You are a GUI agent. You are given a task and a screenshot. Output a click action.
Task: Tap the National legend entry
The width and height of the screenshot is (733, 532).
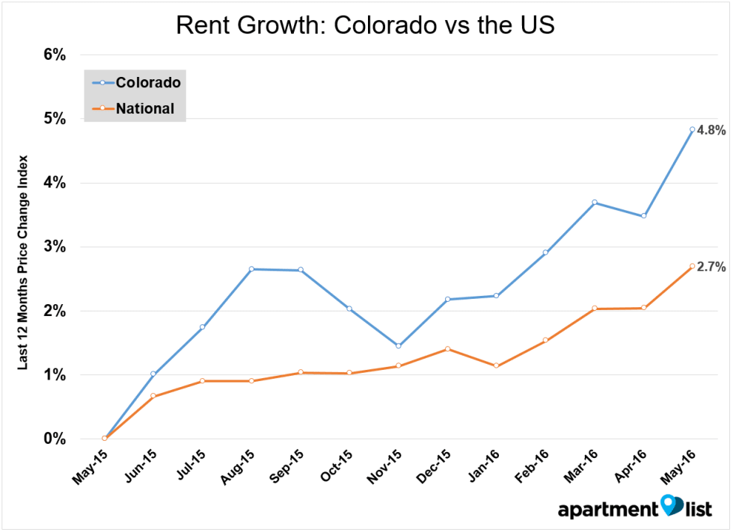[x=144, y=108]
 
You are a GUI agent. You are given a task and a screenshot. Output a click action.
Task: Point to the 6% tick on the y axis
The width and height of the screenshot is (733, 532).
[x=54, y=55]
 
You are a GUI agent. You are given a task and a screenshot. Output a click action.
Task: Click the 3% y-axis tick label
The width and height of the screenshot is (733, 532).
[x=54, y=247]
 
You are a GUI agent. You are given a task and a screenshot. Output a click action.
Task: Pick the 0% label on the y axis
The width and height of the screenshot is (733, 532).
[x=54, y=439]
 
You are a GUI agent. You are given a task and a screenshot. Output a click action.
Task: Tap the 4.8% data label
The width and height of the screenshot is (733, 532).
[x=711, y=130]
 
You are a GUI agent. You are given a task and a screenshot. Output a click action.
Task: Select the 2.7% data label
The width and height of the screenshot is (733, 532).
[x=711, y=267]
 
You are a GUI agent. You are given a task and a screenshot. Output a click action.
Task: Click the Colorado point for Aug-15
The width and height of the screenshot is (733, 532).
[x=251, y=269]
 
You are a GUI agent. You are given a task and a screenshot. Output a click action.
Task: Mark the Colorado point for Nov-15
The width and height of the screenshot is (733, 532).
[x=398, y=346]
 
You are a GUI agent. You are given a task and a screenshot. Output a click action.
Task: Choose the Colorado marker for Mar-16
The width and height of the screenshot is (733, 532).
[x=594, y=202]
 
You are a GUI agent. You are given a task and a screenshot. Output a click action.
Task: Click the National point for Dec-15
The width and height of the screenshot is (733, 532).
[x=447, y=349]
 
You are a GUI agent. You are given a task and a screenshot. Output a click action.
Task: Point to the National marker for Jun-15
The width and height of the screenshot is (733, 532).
[x=153, y=396]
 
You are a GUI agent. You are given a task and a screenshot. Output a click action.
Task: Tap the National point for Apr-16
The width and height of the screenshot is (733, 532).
[x=643, y=308]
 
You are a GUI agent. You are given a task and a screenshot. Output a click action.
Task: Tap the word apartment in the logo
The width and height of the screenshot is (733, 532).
[x=607, y=510]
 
